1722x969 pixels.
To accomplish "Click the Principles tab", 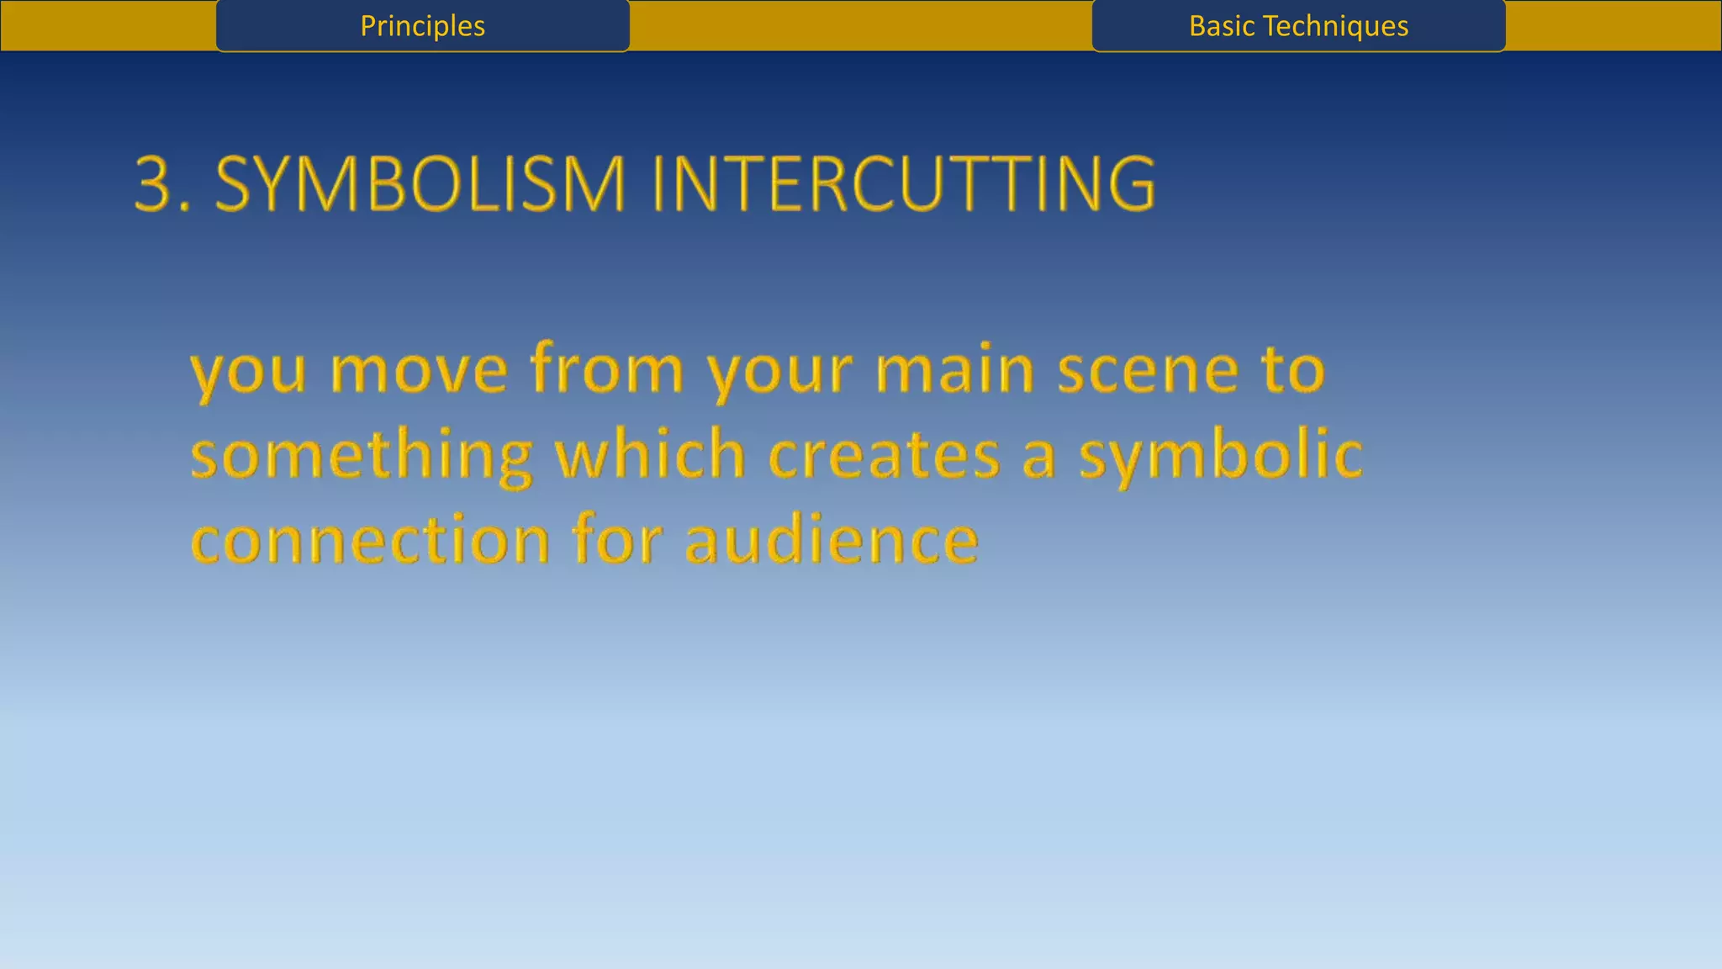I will click(422, 26).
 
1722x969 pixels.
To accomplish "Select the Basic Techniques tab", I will click(1298, 26).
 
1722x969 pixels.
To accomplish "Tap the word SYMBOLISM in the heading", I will click(420, 183).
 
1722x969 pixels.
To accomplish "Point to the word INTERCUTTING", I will click(903, 183).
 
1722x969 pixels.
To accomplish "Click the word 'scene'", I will click(1148, 370).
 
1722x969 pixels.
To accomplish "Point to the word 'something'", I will click(362, 456).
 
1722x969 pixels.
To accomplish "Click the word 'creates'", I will click(884, 456).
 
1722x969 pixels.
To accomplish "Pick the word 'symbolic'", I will click(1220, 456).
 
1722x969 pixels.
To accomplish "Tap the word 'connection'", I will click(370, 540).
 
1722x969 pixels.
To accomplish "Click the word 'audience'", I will click(832, 540).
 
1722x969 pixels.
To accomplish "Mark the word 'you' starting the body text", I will click(248, 372).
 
